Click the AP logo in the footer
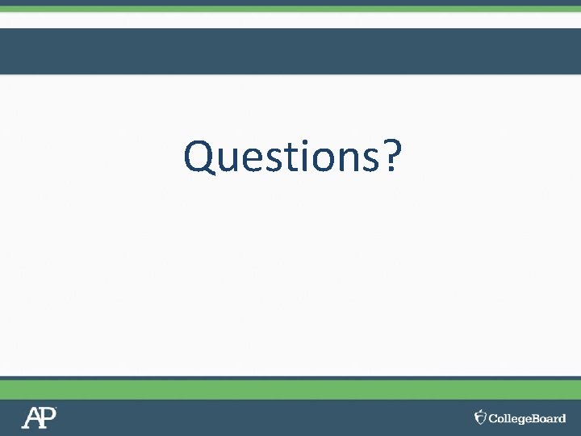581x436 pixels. (x=39, y=417)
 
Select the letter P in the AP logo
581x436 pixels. (x=48, y=417)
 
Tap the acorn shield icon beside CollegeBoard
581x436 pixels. (x=480, y=417)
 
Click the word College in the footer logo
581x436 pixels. (x=509, y=418)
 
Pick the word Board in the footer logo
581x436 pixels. (x=549, y=418)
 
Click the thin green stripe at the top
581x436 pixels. (x=290, y=9)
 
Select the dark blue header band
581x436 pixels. (x=290, y=51)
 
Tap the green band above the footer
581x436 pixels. (x=290, y=389)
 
